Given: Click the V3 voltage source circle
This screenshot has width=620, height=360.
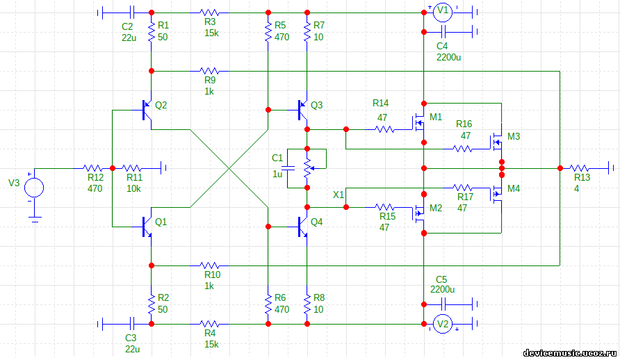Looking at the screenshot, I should click(x=34, y=188).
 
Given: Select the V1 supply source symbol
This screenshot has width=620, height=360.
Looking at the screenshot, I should click(x=443, y=12).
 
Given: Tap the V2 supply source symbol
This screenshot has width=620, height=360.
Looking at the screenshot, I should click(x=443, y=323).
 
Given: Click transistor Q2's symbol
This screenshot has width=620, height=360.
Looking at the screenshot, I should click(x=146, y=110).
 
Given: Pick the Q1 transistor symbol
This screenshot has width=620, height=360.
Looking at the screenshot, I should click(x=146, y=226).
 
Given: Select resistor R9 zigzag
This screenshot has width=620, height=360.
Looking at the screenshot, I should click(x=209, y=71).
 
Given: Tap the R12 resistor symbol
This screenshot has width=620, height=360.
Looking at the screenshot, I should click(x=94, y=167).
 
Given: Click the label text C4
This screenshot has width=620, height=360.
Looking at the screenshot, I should click(x=442, y=46).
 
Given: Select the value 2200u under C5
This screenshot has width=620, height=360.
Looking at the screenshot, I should click(x=442, y=289).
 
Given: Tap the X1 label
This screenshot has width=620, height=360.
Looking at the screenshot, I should click(x=338, y=194).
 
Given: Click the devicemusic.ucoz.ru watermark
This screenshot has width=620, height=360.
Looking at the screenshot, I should click(x=569, y=353).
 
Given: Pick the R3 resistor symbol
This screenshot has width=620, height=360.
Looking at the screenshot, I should click(x=209, y=13).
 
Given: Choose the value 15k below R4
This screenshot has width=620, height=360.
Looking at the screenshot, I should click(x=211, y=344).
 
